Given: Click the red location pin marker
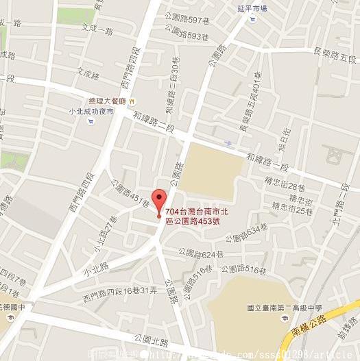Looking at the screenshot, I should click(159, 200).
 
